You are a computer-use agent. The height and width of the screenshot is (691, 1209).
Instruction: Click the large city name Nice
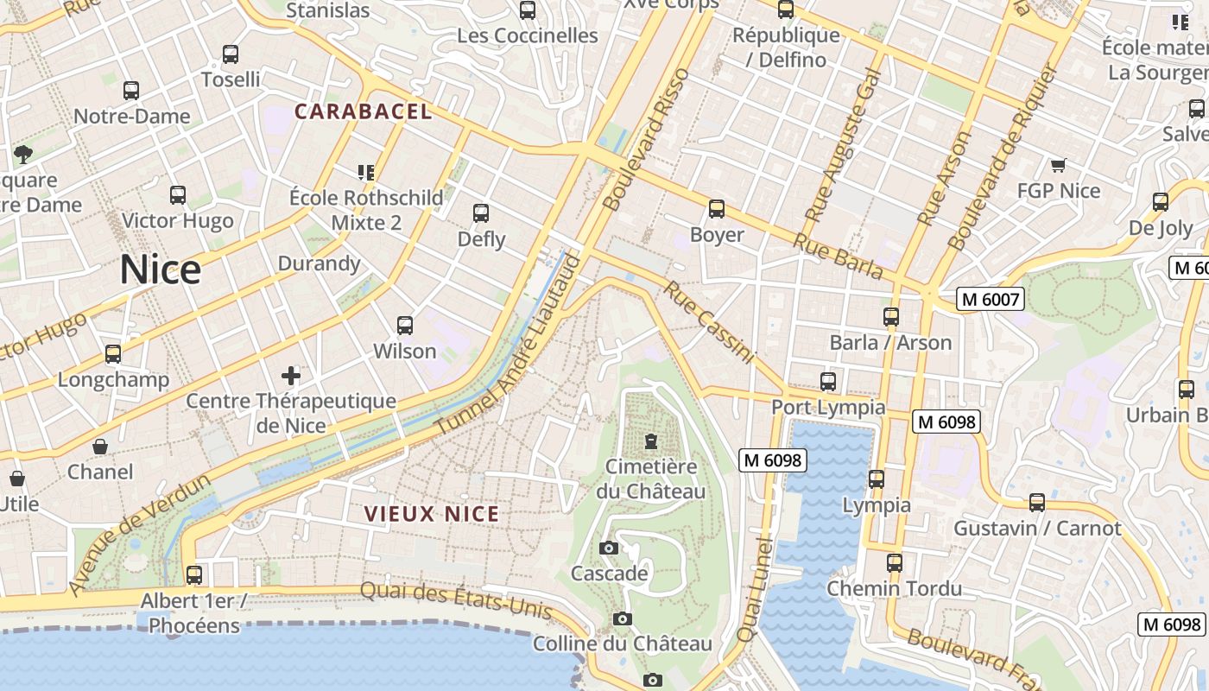160,269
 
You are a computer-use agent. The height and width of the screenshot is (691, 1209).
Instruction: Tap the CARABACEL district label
363,111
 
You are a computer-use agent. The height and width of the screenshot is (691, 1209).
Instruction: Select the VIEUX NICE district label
432,514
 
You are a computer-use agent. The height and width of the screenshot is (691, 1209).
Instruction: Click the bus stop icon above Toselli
231,54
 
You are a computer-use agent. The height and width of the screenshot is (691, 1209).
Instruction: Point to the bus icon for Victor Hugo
178,195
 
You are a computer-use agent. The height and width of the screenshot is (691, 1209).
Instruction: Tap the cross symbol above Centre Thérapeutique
291,376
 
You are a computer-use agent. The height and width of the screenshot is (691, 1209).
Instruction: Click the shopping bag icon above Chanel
100,447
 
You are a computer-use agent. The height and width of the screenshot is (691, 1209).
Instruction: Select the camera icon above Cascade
609,548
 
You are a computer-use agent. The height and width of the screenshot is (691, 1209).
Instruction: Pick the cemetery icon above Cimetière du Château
650,442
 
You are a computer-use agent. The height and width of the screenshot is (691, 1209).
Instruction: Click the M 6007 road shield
991,300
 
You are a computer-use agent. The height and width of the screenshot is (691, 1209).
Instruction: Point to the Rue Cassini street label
708,321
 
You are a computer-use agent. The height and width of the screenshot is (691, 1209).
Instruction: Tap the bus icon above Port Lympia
828,381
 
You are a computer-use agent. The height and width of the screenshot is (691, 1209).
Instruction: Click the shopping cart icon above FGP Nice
1058,165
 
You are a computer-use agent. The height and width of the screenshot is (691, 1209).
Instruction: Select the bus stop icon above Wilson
405,326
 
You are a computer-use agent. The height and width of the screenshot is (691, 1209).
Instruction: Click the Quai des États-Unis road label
455,599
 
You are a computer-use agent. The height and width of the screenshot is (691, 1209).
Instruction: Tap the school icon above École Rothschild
366,173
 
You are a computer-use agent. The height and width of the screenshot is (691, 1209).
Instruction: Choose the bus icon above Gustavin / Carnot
1037,503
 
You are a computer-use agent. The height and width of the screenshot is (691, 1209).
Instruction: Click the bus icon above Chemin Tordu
895,563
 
